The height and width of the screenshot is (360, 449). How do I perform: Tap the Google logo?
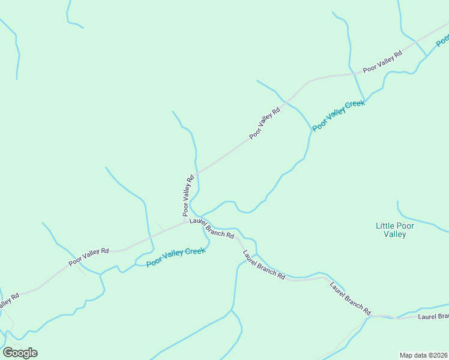click(20, 353)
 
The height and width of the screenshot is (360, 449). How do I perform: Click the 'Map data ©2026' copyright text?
click(423, 355)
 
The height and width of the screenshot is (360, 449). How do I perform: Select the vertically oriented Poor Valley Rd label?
click(189, 196)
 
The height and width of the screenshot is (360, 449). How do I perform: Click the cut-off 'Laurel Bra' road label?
click(433, 316)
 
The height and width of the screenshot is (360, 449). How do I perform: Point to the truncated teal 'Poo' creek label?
click(442, 40)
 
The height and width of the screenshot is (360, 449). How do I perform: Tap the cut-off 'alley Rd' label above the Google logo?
click(8, 302)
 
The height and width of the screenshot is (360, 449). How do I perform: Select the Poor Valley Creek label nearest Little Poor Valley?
click(339, 116)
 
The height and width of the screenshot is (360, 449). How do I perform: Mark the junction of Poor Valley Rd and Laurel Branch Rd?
click(186, 223)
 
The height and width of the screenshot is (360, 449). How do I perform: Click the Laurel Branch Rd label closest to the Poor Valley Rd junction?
click(211, 228)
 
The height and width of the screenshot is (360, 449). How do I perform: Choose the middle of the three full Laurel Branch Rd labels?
click(264, 265)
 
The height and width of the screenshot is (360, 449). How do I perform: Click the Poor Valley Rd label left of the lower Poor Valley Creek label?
click(88, 257)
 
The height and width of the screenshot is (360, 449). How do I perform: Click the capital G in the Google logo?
click(8, 352)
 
